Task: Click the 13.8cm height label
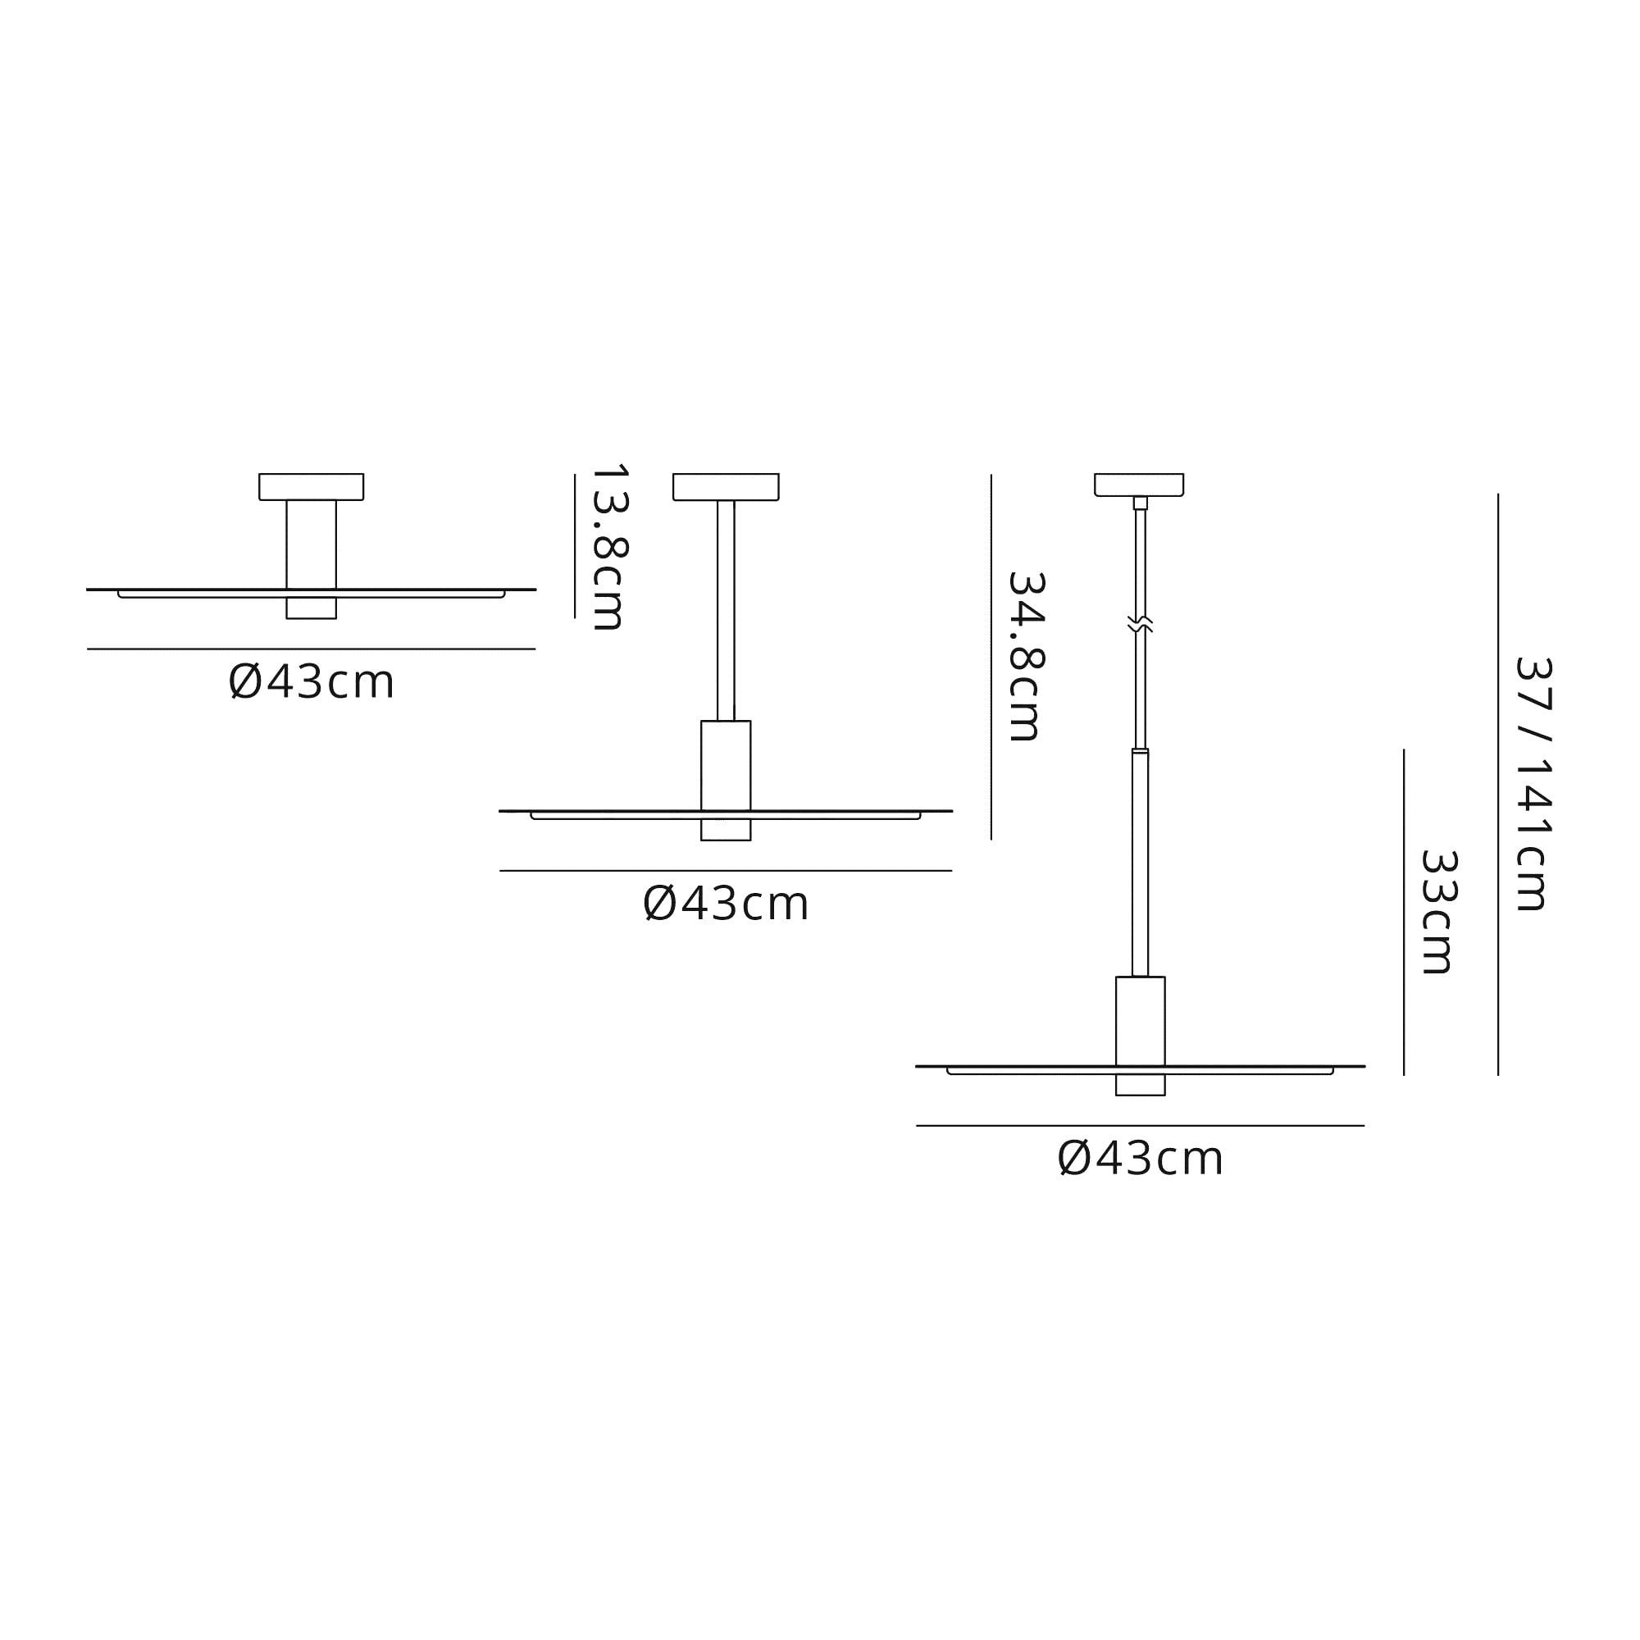[608, 548]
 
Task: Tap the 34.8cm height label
[1026, 657]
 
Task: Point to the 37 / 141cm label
[1533, 786]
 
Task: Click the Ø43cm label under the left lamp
[312, 681]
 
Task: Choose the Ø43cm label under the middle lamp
[726, 903]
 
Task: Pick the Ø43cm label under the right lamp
[1140, 1158]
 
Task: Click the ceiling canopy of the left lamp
[312, 486]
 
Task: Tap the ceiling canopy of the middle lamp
[726, 486]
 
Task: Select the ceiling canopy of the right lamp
[1139, 485]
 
